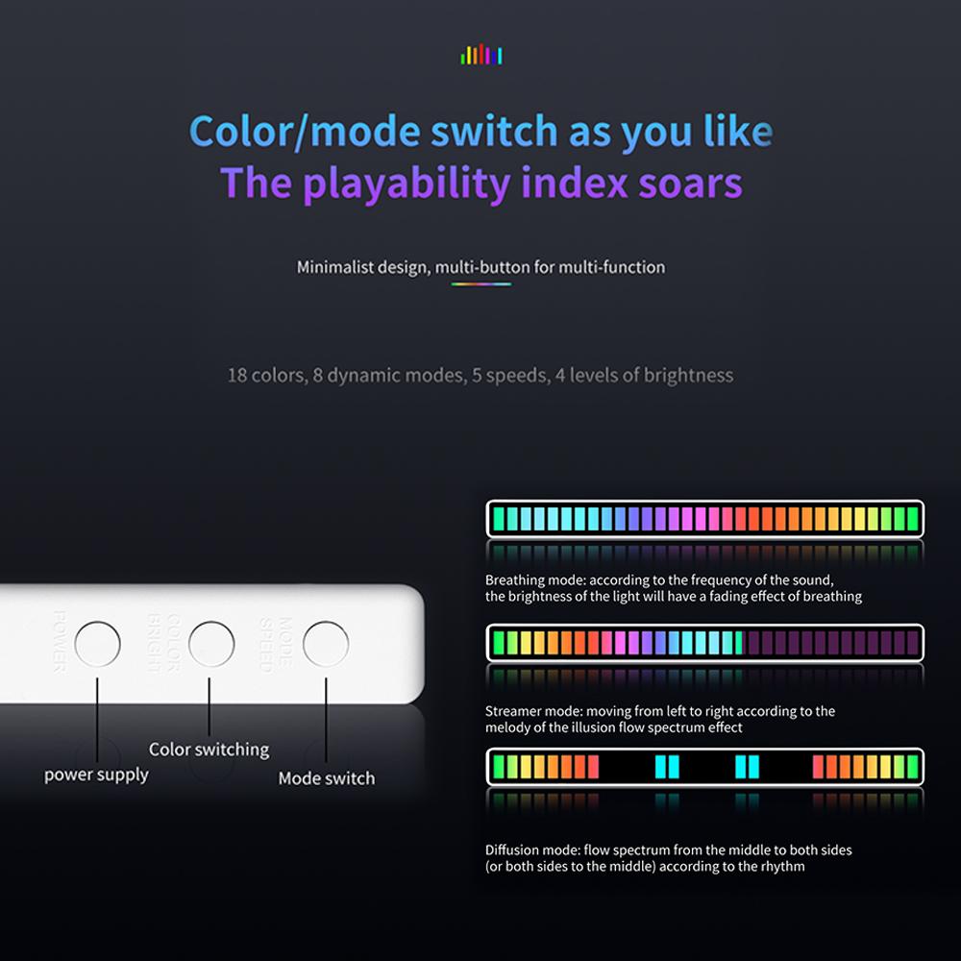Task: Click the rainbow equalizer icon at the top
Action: click(x=481, y=55)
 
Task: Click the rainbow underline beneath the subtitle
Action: click(x=480, y=283)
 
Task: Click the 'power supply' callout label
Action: click(x=96, y=775)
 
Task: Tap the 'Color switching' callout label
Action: click(x=209, y=750)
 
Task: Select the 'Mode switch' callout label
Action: click(x=327, y=778)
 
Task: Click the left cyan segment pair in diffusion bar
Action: click(x=667, y=767)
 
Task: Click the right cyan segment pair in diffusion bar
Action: click(x=747, y=767)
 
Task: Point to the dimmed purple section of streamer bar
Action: click(x=831, y=642)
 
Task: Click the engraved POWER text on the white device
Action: click(x=59, y=640)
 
